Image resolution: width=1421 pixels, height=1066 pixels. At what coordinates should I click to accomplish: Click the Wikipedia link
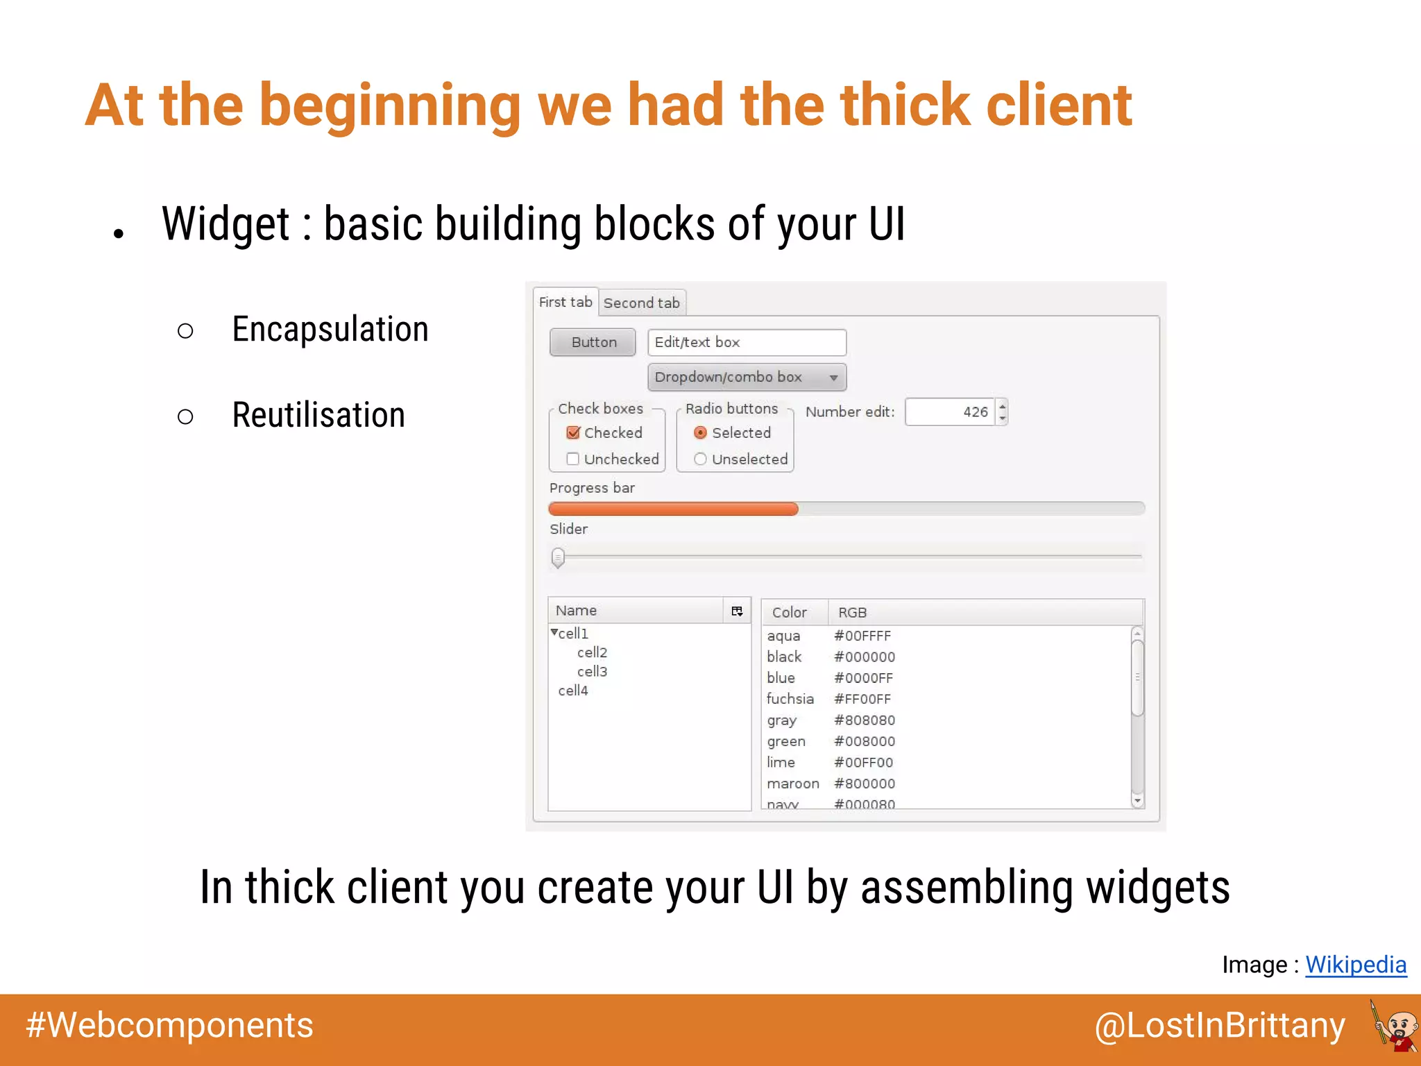tap(1355, 965)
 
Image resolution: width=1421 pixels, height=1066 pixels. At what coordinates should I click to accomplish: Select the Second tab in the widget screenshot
tap(641, 303)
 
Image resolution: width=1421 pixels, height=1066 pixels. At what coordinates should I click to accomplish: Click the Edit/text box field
tap(747, 342)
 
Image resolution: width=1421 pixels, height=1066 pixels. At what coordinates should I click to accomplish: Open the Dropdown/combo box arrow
tap(833, 378)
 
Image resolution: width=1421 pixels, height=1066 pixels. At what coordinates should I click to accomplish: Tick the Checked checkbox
tap(573, 433)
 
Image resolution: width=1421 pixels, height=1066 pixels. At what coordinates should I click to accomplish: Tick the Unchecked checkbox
tap(572, 459)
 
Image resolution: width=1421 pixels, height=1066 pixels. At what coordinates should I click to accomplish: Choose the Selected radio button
tap(700, 433)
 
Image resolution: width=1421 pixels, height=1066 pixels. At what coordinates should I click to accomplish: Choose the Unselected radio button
tap(700, 459)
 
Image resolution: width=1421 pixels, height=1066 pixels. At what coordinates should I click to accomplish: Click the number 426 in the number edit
tap(975, 412)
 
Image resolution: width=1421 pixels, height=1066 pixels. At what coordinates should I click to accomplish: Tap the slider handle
tap(558, 557)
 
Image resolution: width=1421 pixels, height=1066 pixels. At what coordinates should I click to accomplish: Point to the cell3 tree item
tap(592, 671)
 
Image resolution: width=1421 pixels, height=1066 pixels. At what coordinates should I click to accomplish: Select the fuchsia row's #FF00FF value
tap(862, 699)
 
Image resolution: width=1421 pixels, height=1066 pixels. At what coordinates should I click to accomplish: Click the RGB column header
tap(852, 612)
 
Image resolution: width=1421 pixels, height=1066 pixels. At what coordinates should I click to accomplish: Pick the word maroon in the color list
tap(792, 784)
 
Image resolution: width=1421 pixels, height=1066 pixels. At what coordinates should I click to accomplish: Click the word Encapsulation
tap(330, 330)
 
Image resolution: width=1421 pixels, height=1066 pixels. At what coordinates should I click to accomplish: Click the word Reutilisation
tap(318, 415)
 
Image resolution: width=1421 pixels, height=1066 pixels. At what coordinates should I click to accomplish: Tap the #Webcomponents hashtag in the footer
tap(169, 1026)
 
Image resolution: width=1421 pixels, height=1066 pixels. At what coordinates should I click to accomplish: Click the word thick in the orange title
tap(905, 105)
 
